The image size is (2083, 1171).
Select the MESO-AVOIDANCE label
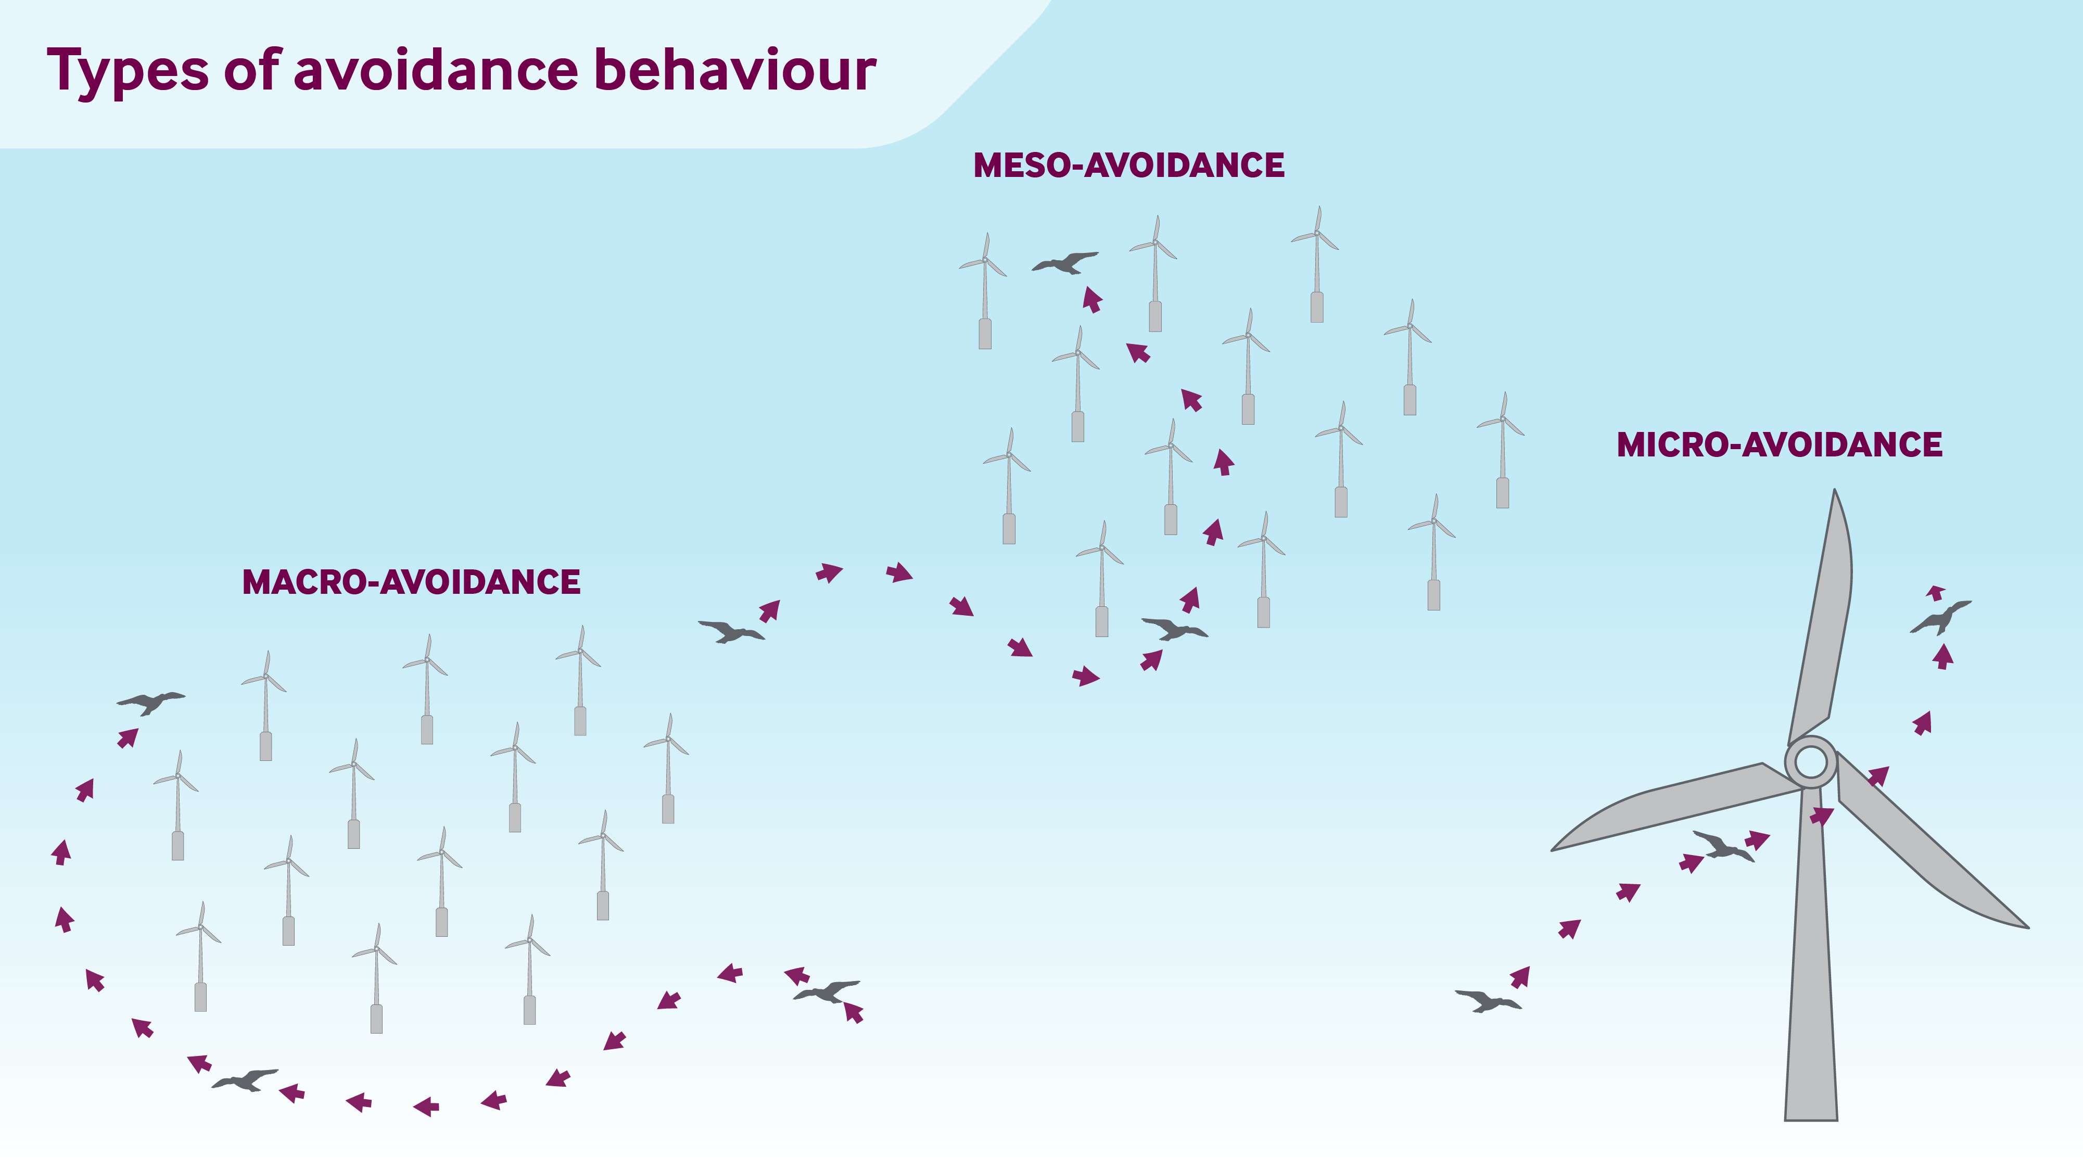(x=1129, y=166)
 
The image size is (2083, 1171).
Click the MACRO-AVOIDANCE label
(x=411, y=582)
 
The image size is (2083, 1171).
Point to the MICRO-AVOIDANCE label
(x=1779, y=445)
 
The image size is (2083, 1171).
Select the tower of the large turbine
(x=1811, y=971)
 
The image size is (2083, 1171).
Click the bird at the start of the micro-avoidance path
(x=1488, y=1001)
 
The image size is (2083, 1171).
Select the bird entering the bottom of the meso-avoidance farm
(x=1174, y=628)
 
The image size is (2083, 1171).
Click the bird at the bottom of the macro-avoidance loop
(x=244, y=1079)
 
